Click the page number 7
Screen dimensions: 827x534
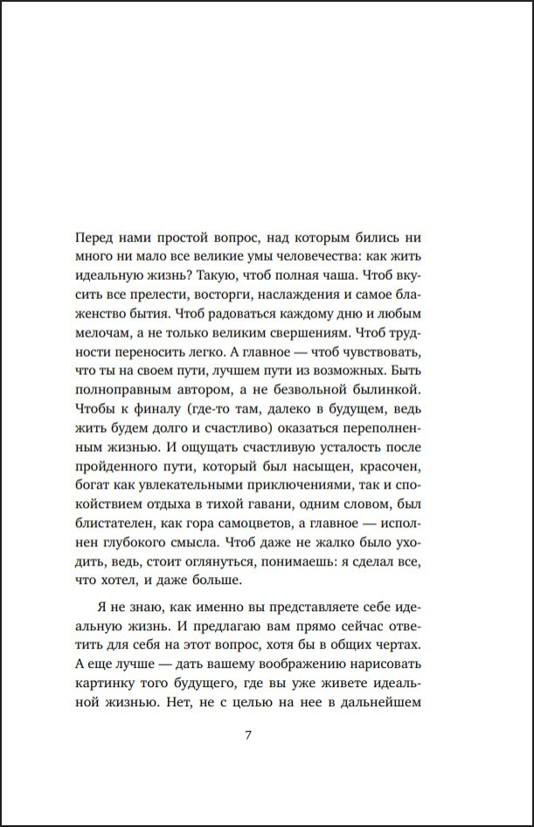[x=248, y=734]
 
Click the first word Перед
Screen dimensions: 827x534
[x=96, y=237]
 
